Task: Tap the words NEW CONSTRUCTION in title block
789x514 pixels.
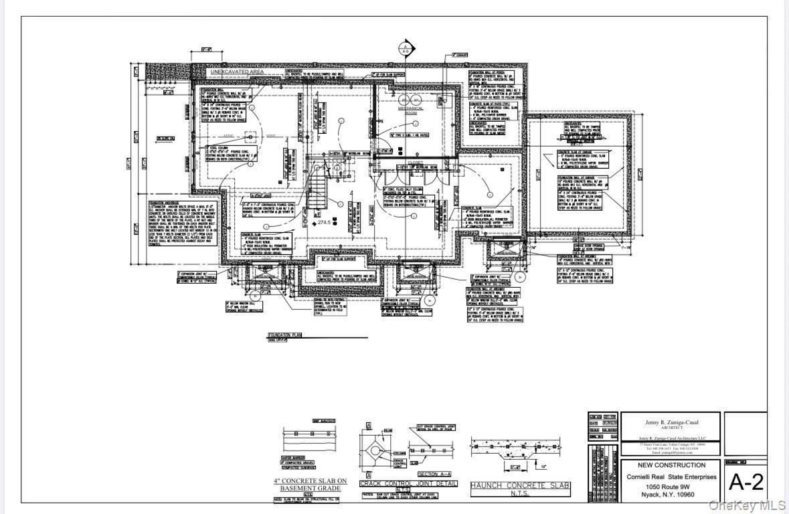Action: tap(671, 464)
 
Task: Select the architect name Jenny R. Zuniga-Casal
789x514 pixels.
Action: tap(671, 422)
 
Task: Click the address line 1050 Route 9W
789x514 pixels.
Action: tap(671, 487)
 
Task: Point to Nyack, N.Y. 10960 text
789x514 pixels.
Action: tap(671, 496)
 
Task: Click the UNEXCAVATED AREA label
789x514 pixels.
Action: tap(237, 72)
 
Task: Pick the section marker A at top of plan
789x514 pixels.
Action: tap(404, 49)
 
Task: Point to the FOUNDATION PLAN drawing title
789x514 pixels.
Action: tap(285, 334)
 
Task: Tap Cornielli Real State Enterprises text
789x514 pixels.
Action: tap(671, 477)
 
